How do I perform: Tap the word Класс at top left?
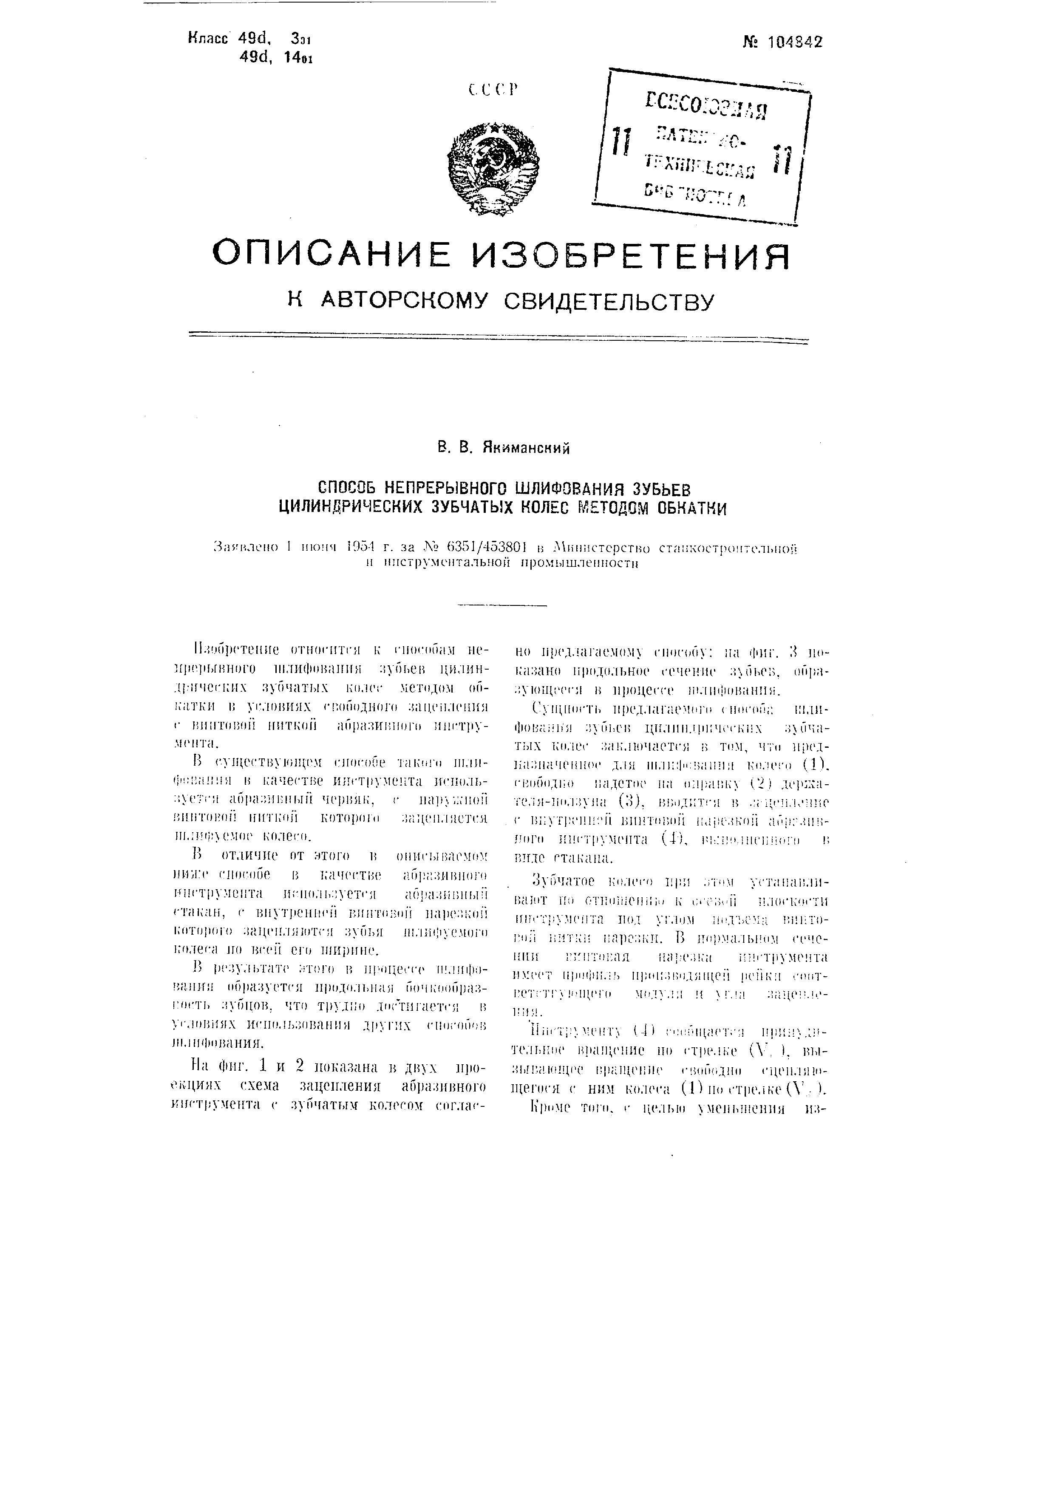click(x=208, y=39)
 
